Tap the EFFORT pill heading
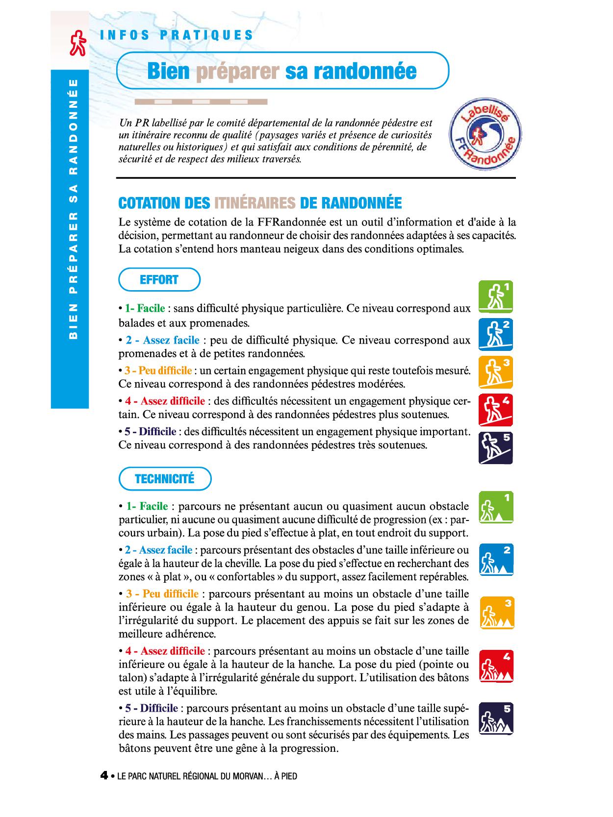point(159,280)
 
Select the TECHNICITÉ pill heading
point(165,479)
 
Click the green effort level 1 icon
point(496,297)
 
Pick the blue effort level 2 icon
point(496,334)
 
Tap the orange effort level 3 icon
point(496,371)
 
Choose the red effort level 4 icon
point(496,409)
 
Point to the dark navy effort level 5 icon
point(496,447)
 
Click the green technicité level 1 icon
point(496,507)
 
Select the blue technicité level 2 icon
point(496,560)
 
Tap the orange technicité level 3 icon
point(497,613)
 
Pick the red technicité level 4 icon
point(496,667)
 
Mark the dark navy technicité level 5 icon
point(496,719)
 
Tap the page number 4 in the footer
point(104,775)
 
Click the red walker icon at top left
point(78,44)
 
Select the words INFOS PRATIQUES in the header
point(177,35)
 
